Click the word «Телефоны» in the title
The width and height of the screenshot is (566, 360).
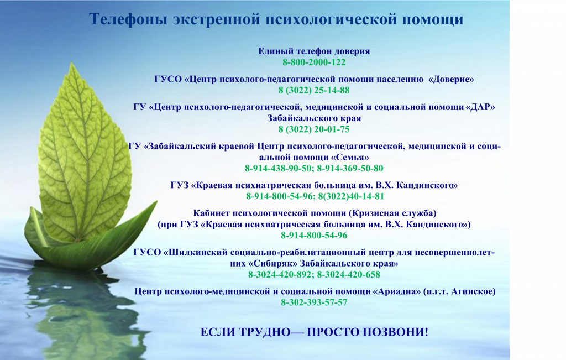[128, 19]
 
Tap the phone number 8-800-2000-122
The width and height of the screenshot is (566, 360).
[314, 62]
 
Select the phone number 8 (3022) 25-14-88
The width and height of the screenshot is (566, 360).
[314, 90]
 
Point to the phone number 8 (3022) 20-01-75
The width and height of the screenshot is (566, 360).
[314, 129]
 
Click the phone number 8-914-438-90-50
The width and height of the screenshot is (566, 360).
[278, 168]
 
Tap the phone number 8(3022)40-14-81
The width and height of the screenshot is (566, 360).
[351, 196]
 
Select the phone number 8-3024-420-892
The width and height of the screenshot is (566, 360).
[280, 274]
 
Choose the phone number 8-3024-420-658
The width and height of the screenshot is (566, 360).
[349, 274]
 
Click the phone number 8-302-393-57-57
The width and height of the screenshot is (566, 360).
[314, 302]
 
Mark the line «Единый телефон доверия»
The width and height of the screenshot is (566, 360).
[314, 51]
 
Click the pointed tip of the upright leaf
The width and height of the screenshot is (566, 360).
[72, 63]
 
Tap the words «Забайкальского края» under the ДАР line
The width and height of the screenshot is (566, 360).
[314, 118]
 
